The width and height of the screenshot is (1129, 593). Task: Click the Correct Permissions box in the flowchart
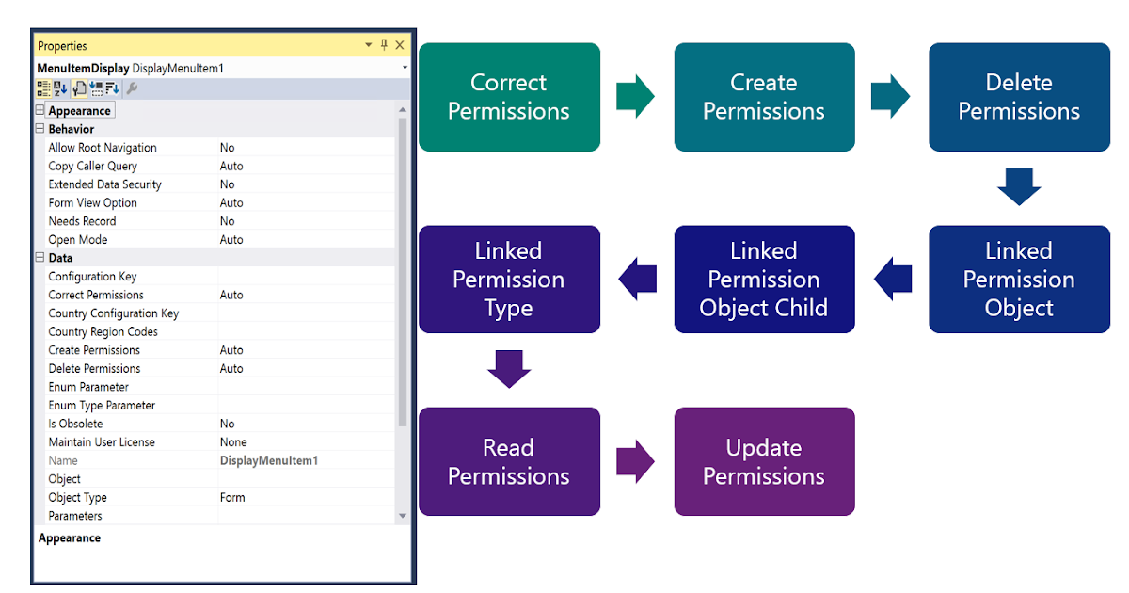point(509,97)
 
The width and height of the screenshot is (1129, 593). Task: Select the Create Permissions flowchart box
point(764,97)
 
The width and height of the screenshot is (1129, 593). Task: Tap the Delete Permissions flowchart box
point(1019,97)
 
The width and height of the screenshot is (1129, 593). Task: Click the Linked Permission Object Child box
point(764,279)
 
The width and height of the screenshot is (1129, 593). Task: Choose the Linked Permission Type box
point(509,279)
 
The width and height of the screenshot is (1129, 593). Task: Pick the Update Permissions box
point(764,461)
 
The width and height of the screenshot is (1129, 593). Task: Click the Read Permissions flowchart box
point(509,461)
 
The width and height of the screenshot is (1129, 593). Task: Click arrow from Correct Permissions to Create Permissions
point(636,96)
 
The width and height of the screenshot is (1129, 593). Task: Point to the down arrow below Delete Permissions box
point(1019,186)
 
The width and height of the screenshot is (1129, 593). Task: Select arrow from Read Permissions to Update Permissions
point(636,461)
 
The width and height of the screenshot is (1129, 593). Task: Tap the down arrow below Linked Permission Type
point(509,369)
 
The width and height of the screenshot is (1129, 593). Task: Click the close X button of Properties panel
point(400,45)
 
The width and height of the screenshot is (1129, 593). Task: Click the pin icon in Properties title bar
point(384,45)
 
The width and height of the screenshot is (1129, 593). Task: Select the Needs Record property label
point(82,221)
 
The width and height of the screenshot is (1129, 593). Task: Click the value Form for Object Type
point(232,497)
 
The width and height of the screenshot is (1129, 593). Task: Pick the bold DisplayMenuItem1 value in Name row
point(269,460)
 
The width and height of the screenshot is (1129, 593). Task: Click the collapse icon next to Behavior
point(40,129)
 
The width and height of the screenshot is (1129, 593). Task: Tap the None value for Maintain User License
point(233,442)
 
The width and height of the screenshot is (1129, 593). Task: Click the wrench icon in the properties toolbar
point(132,88)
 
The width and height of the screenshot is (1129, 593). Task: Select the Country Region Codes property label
point(103,331)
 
